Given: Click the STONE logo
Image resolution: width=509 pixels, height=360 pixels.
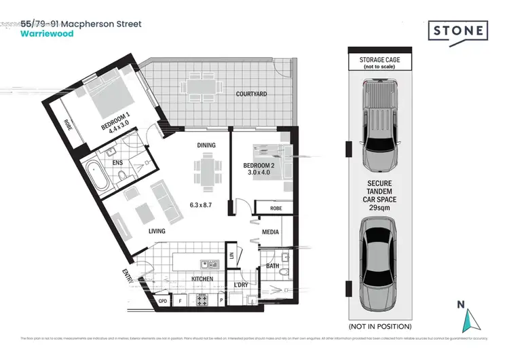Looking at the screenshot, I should coord(458,31).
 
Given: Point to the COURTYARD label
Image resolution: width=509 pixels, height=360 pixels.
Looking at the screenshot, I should coord(251,94).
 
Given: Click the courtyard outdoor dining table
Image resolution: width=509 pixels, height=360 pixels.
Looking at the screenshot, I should coord(200,88).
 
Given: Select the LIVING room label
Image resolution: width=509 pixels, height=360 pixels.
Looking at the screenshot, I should coord(157,232).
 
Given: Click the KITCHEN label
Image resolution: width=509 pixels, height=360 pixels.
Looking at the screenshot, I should coord(202,279).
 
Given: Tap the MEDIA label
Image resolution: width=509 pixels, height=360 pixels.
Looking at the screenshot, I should coord(271,232).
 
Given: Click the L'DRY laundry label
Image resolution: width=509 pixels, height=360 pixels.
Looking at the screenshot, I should coord(241,284).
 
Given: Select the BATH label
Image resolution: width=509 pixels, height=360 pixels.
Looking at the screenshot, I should coord(273,266).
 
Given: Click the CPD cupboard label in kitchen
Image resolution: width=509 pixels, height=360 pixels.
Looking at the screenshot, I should coord(162,300).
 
